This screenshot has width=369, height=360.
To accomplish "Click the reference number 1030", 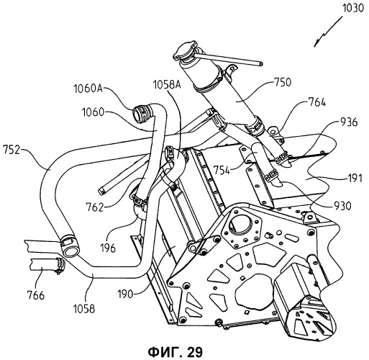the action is click(x=354, y=9).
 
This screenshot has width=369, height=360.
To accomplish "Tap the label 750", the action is click(x=282, y=82).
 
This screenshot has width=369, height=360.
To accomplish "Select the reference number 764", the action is click(x=317, y=102).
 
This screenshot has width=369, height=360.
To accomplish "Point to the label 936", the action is click(x=348, y=122).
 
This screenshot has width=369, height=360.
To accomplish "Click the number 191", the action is click(x=355, y=179).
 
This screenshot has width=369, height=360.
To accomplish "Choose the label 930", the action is click(x=342, y=206).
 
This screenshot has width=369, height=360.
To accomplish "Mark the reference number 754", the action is click(x=222, y=171).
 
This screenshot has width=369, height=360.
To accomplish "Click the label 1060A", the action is click(x=88, y=89).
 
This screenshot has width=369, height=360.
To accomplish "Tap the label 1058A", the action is click(x=167, y=85).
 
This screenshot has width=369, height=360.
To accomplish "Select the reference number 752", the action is click(x=12, y=150).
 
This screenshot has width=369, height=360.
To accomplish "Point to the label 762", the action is click(x=95, y=207).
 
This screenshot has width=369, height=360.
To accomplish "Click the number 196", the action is click(x=108, y=248).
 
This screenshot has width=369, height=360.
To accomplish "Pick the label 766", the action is click(x=36, y=295).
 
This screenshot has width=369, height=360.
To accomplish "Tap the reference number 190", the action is click(x=125, y=294).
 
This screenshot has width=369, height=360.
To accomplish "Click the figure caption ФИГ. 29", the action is click(x=176, y=352).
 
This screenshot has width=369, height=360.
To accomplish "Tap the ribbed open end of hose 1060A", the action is click(x=140, y=114).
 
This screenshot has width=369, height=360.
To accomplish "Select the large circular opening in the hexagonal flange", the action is click(x=240, y=226).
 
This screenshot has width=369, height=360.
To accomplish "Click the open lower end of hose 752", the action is click(x=70, y=249).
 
